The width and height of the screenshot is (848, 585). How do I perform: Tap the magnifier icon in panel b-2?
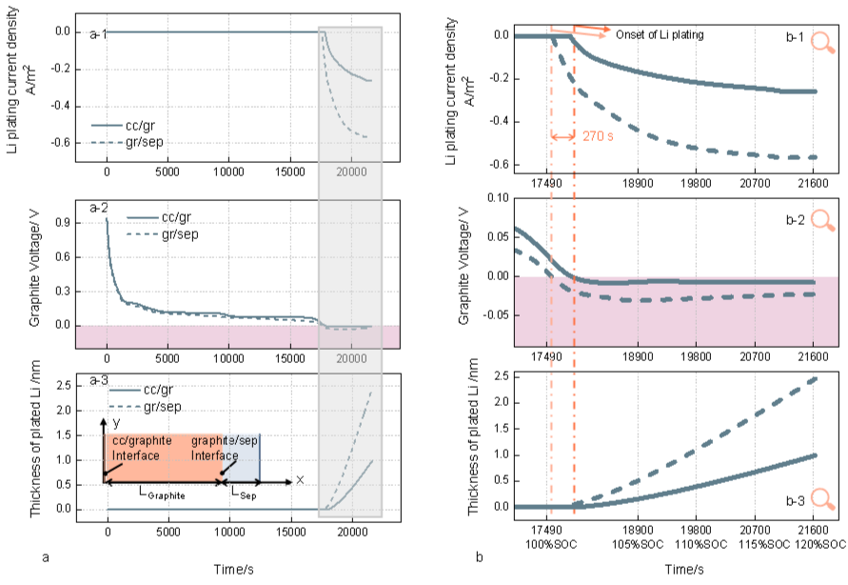(x=821, y=220)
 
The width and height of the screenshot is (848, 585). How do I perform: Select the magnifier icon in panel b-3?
(x=821, y=500)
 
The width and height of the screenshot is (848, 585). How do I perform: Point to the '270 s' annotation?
(x=596, y=137)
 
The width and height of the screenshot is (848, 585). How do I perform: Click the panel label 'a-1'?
(x=99, y=34)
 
